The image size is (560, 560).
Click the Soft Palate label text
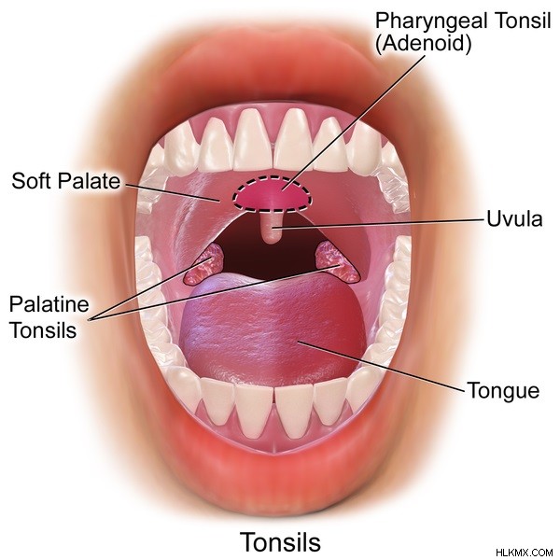pyautogui.click(x=66, y=181)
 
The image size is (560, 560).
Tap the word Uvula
pyautogui.click(x=514, y=218)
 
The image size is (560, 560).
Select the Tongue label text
pyautogui.click(x=503, y=390)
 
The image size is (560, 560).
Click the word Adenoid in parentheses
pyautogui.click(x=423, y=44)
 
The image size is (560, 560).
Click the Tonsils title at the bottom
pyautogui.click(x=280, y=541)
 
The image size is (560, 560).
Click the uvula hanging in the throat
pyautogui.click(x=271, y=228)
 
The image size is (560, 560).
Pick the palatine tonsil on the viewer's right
pyautogui.click(x=336, y=260)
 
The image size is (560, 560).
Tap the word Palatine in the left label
pyautogui.click(x=49, y=304)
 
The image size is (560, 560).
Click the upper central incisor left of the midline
pyautogui.click(x=255, y=139)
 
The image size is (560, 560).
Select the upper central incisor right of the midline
pyautogui.click(x=294, y=139)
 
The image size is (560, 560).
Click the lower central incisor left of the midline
pyautogui.click(x=254, y=410)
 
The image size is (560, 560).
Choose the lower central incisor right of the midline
pyautogui.click(x=294, y=411)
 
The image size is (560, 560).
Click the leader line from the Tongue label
pyautogui.click(x=382, y=367)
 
